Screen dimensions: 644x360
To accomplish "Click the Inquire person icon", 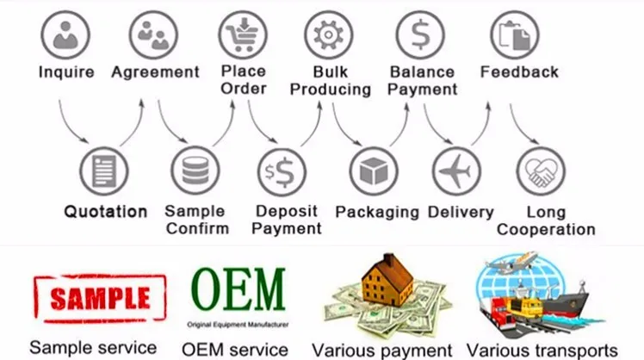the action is [66, 35].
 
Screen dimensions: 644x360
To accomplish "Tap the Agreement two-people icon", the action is [153, 35].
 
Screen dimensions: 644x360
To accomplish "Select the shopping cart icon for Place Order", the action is [242, 35].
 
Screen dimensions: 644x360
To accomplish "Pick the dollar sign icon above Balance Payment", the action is [420, 35].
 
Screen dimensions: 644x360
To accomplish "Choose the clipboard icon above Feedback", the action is [515, 35].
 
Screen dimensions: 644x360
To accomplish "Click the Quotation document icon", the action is [103, 171].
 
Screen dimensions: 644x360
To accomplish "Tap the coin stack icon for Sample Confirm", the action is [195, 171].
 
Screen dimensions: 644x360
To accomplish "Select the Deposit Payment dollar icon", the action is [284, 171].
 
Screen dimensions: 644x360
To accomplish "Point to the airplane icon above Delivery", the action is [456, 171].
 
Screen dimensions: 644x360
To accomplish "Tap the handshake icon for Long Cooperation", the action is [541, 171].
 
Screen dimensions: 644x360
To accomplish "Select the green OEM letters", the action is [238, 291].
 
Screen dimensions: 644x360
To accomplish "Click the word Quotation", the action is [106, 212].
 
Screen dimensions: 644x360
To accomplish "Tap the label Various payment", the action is [381, 350].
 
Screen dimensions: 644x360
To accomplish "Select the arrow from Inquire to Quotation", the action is [72, 125].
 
